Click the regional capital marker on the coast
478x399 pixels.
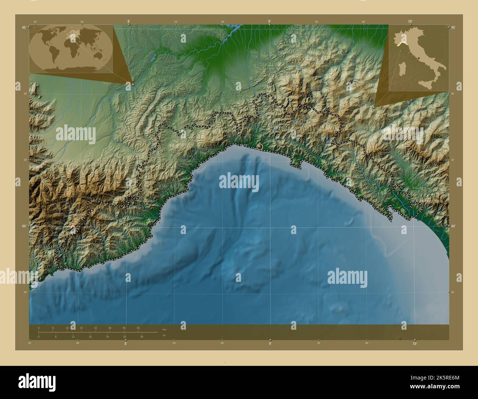tap(260, 146)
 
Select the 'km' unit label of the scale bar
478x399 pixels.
tap(164, 329)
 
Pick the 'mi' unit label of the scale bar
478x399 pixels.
tap(164, 335)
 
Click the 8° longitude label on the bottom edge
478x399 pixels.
tap(125, 344)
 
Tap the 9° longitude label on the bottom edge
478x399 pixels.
tap(270, 344)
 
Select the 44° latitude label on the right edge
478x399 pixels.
tap(453, 226)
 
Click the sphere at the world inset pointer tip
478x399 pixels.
tap(133, 84)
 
